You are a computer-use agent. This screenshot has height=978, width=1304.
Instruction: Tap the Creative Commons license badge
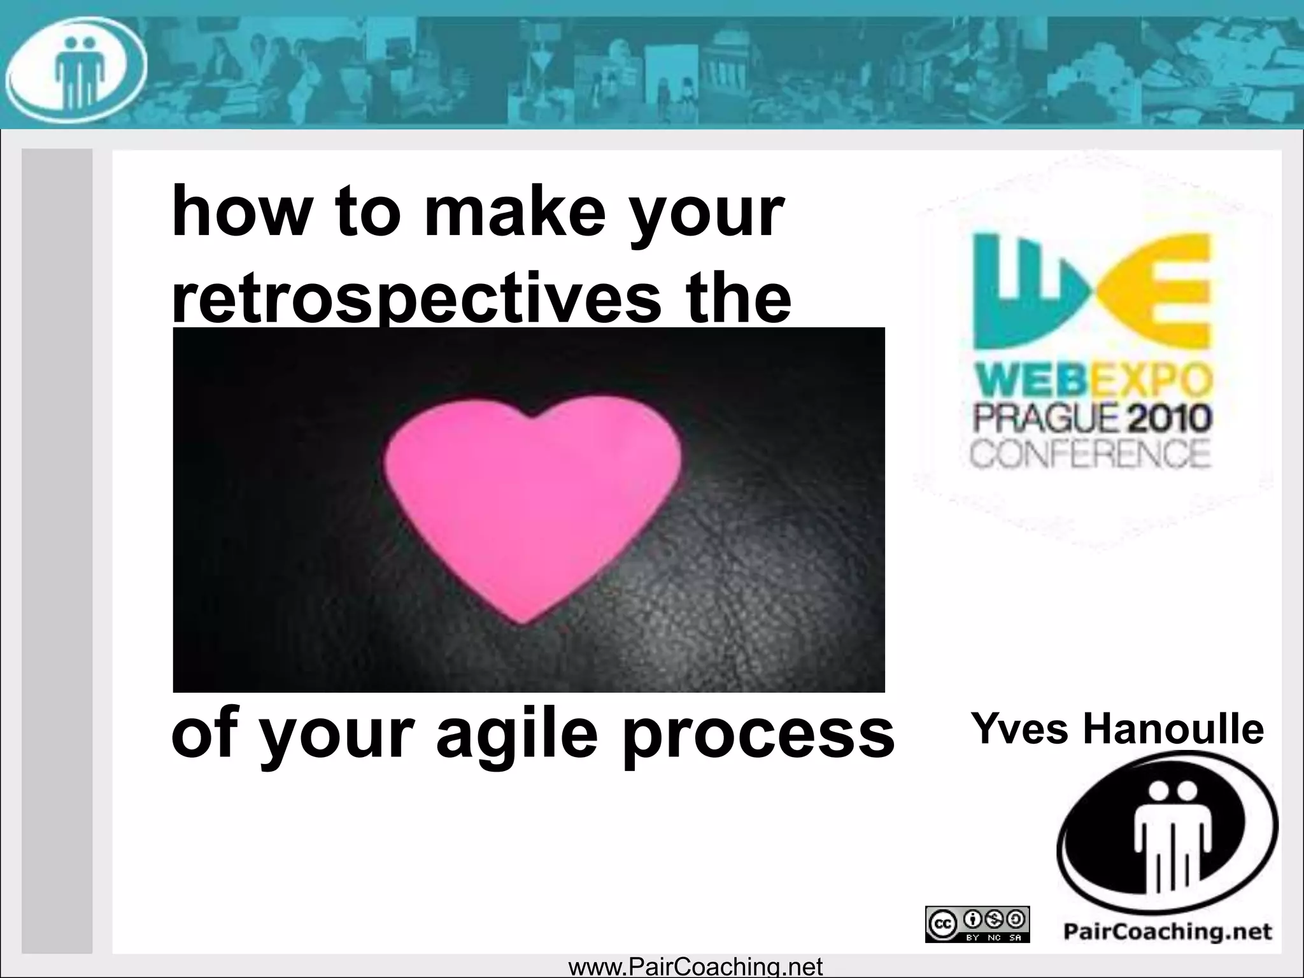[x=977, y=925]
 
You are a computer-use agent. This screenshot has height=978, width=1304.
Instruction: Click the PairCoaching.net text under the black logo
[x=1167, y=932]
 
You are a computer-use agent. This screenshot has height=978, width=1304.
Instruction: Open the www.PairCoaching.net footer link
[x=695, y=967]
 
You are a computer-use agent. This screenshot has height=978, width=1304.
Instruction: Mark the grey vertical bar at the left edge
[x=57, y=551]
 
